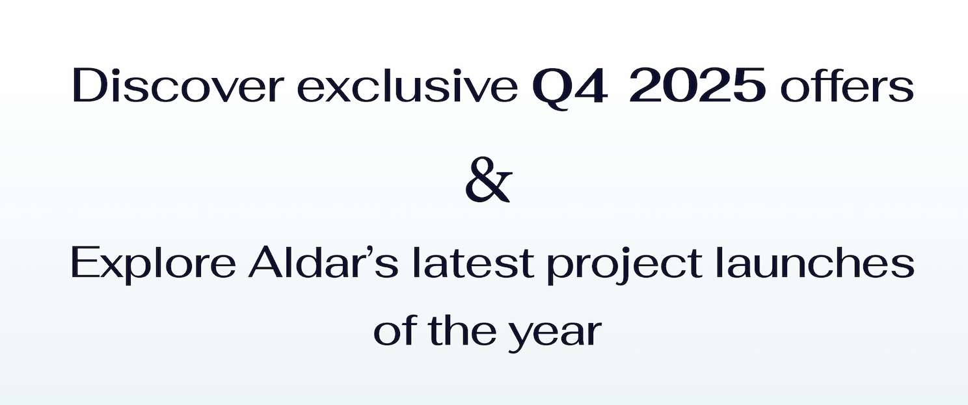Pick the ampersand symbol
(489, 179)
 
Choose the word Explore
(153, 264)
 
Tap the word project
(625, 265)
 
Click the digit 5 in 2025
(747, 86)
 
